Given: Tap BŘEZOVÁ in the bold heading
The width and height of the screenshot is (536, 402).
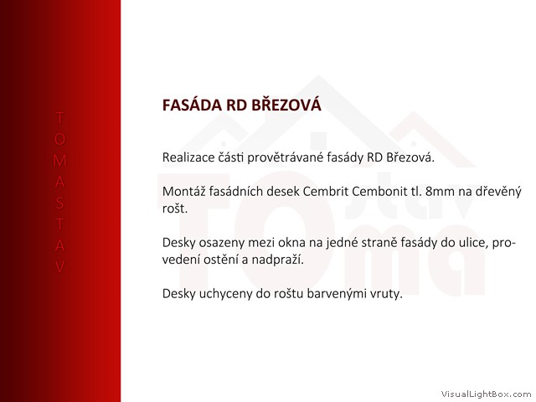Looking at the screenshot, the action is click(x=286, y=104).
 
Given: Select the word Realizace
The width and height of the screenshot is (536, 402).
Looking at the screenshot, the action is click(x=188, y=157).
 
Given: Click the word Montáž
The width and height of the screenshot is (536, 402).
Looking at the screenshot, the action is click(x=183, y=191).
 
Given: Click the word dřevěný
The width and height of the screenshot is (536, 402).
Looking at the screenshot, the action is click(x=498, y=192).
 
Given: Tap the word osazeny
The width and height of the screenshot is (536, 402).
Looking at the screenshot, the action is click(x=222, y=243).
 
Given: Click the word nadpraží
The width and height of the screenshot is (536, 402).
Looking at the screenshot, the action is click(x=277, y=260).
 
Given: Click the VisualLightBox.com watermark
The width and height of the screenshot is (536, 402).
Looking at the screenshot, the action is click(x=486, y=394).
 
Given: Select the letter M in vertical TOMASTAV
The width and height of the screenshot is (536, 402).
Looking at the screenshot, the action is click(x=59, y=161).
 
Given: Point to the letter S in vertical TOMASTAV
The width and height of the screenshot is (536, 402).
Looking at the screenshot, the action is click(x=59, y=203).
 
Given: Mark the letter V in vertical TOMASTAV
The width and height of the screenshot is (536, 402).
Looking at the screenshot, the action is click(x=59, y=267).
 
